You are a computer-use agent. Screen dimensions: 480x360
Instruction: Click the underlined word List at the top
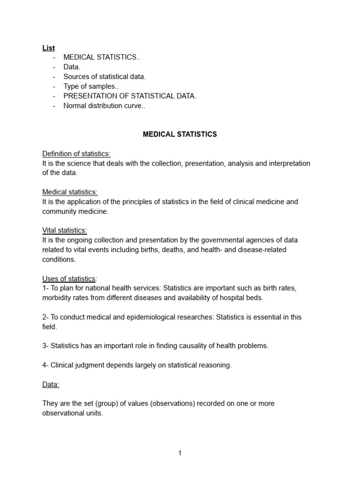pyautogui.click(x=48, y=48)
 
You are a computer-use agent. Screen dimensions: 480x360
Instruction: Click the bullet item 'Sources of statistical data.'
pyautogui.click(x=105, y=77)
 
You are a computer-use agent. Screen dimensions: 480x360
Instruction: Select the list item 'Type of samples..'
pyautogui.click(x=91, y=86)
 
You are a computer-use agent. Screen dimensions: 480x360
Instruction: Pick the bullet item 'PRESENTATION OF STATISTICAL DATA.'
pyautogui.click(x=130, y=96)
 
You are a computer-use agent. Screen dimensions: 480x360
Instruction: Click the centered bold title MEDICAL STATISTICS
pyautogui.click(x=180, y=135)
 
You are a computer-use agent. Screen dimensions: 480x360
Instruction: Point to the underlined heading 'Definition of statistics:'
pyautogui.click(x=76, y=154)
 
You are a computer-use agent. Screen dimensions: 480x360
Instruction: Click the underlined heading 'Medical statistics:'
pyautogui.click(x=70, y=192)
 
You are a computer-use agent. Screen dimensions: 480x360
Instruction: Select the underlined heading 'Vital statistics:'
pyautogui.click(x=65, y=230)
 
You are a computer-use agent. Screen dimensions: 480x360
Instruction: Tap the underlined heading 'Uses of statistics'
pyautogui.click(x=68, y=278)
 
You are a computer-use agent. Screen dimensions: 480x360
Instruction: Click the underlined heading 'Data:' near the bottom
pyautogui.click(x=51, y=384)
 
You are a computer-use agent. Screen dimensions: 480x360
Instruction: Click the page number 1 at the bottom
pyautogui.click(x=180, y=453)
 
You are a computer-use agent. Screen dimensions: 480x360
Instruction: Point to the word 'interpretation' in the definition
pyautogui.click(x=288, y=163)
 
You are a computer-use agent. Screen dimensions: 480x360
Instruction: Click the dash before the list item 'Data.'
pyautogui.click(x=54, y=67)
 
